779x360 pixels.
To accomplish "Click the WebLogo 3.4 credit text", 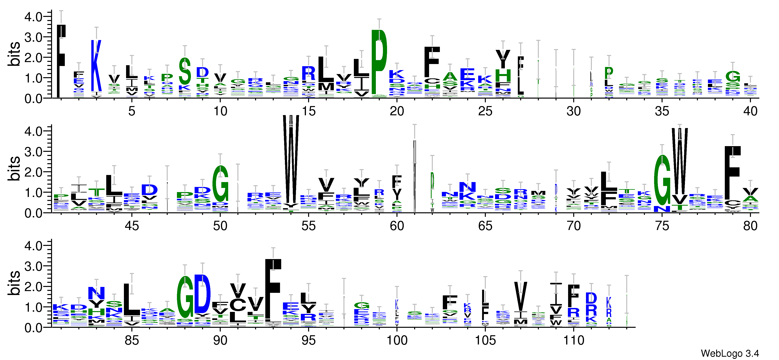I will click(729, 353).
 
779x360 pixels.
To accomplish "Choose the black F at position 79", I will click(732, 172).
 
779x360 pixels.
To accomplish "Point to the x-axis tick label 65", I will click(485, 226).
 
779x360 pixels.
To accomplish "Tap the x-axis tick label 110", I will click(573, 341).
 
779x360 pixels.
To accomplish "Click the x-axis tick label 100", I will click(397, 341).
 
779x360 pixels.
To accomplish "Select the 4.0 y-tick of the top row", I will click(33, 17).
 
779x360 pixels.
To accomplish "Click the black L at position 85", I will click(132, 300).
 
